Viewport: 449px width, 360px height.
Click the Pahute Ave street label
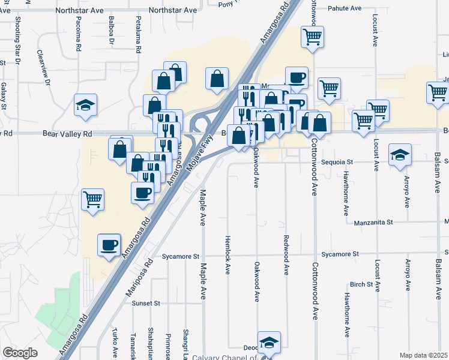(x=345, y=8)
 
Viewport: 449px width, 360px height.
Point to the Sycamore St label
(x=180, y=256)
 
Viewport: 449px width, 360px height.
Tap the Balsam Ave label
(x=438, y=275)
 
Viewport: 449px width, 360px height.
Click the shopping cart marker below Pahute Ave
(x=312, y=37)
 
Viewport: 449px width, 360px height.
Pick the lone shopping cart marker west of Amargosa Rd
(x=92, y=199)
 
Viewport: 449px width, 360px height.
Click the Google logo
(x=20, y=353)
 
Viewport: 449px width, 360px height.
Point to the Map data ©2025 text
(x=424, y=355)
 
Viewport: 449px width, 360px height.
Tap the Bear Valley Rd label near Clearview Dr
(x=66, y=134)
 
